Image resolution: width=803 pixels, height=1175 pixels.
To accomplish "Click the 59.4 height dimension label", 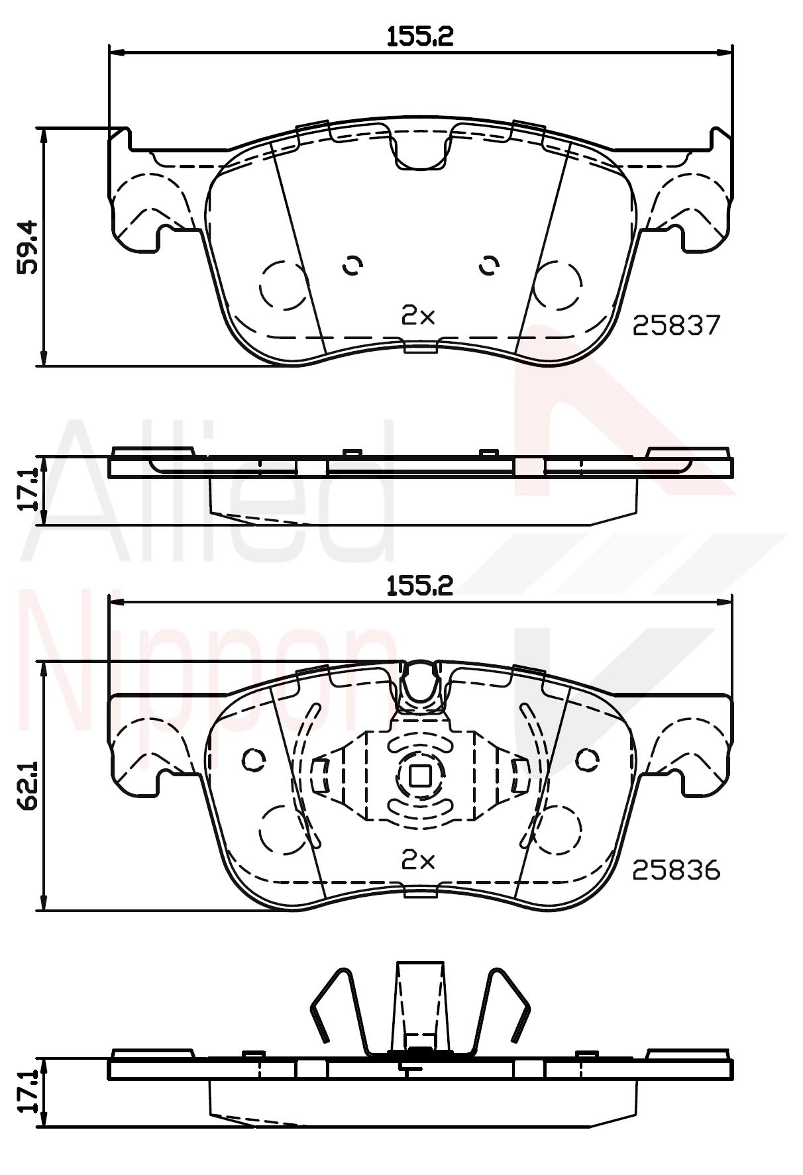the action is point(28,247).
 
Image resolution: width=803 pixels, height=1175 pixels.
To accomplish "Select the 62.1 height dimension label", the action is point(28,786).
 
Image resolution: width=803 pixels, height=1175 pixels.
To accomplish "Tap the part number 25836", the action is point(676,870).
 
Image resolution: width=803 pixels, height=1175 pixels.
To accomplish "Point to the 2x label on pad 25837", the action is point(418,316).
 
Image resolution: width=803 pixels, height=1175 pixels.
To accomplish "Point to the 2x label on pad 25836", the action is point(418,860).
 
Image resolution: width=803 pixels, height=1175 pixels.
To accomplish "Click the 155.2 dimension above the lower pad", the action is point(420,585).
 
